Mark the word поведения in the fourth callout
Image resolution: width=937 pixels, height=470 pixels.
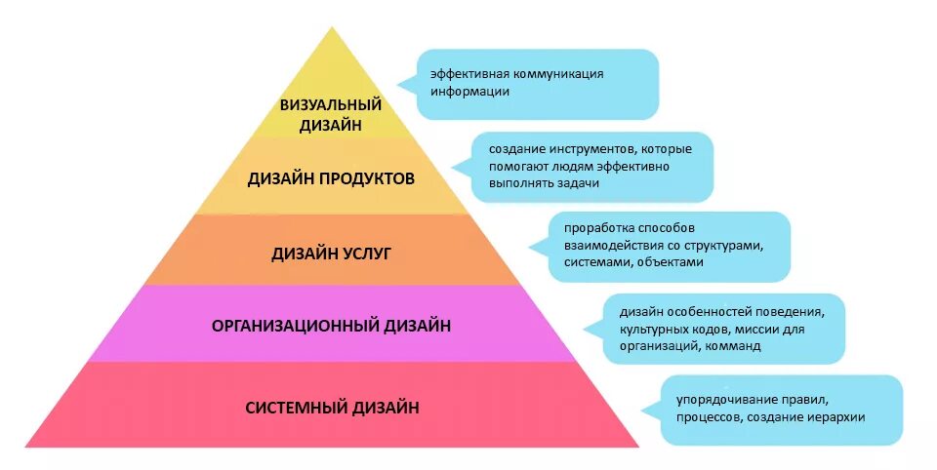tap(791, 311)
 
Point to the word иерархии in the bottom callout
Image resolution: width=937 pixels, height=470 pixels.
tap(835, 417)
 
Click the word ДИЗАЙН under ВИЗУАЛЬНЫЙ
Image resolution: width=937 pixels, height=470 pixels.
tap(330, 124)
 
